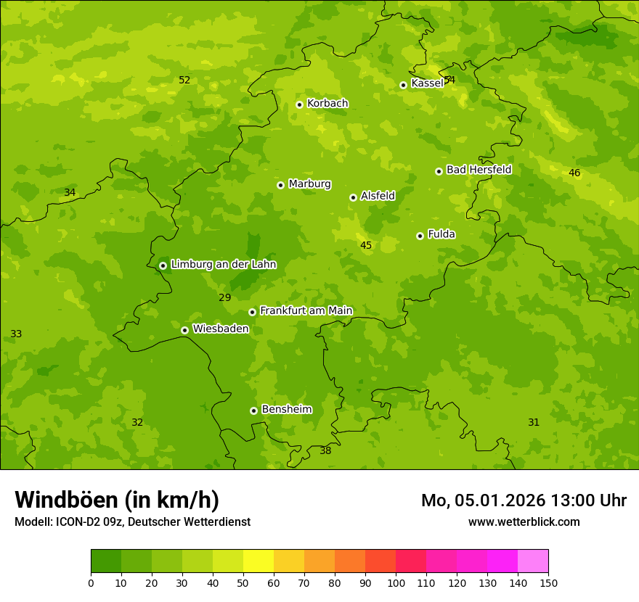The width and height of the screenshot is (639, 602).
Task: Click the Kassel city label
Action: tap(427, 83)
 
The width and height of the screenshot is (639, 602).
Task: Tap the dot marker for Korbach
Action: tap(299, 104)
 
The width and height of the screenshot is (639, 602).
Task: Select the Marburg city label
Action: tap(309, 184)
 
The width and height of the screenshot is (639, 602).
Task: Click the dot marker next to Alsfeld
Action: tap(353, 197)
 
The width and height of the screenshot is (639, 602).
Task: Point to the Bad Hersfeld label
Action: tap(479, 170)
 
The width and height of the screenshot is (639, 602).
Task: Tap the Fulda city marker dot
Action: tap(420, 236)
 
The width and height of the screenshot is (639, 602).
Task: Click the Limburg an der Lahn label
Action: tap(223, 265)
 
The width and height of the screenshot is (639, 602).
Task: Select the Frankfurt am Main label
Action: tap(306, 310)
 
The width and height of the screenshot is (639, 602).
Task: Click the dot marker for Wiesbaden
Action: tap(184, 330)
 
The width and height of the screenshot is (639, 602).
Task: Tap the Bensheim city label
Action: tap(286, 409)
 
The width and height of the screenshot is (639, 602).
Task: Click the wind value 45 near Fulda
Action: tap(366, 246)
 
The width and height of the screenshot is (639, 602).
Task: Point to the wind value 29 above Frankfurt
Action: tap(224, 297)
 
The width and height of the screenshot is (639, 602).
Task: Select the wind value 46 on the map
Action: tap(574, 173)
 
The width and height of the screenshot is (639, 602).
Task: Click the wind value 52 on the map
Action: tap(184, 80)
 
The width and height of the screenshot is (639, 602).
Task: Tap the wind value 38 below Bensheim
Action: tap(325, 450)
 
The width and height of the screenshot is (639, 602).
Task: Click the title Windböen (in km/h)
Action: tap(117, 500)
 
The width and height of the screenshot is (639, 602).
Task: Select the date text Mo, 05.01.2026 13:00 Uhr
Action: tap(524, 500)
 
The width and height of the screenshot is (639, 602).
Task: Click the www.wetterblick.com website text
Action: tap(524, 521)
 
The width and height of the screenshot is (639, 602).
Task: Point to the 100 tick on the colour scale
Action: tap(396, 582)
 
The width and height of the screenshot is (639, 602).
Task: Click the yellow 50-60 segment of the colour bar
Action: tap(259, 561)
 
